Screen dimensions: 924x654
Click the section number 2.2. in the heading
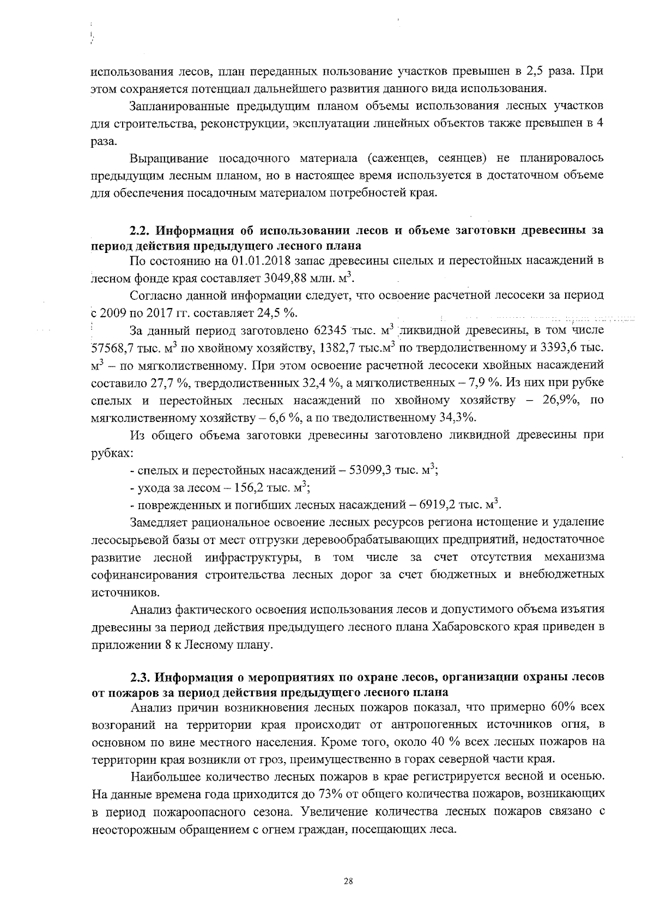(x=142, y=230)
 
